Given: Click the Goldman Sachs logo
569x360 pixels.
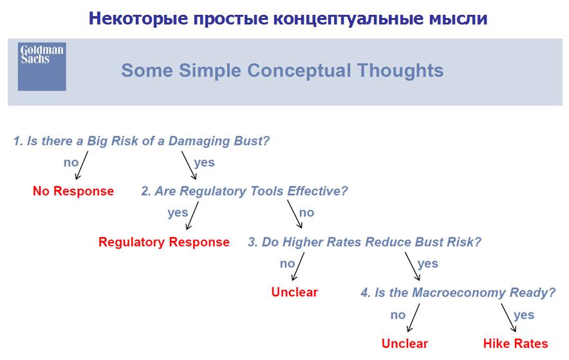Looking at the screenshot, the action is click(x=42, y=66).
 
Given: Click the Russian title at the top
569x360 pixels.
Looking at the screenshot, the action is click(x=288, y=18).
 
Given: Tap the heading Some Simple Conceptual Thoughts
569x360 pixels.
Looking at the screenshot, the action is click(x=283, y=70).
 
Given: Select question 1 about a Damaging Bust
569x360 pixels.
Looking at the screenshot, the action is click(x=142, y=141).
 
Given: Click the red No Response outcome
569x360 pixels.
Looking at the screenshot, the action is click(x=73, y=191).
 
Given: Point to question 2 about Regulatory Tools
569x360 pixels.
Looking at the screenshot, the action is click(x=244, y=191).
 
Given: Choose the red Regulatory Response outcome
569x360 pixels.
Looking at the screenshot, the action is click(x=164, y=242).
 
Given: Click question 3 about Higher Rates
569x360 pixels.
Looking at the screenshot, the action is click(x=364, y=242).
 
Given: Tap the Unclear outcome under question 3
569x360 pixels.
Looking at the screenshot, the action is click(x=294, y=292).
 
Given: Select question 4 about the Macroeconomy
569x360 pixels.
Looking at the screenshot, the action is click(x=458, y=292).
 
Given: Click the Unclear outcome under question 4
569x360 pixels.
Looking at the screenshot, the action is click(x=405, y=343).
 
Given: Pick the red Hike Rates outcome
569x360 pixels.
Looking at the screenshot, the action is click(x=516, y=343).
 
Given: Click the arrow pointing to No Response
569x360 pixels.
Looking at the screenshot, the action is click(x=82, y=165).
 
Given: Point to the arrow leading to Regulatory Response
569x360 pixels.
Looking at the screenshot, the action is click(x=192, y=216).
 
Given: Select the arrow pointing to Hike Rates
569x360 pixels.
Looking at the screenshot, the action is click(x=508, y=318).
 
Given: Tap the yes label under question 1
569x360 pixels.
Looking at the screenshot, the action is click(x=204, y=162).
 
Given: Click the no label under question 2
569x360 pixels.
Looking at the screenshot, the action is click(x=306, y=213).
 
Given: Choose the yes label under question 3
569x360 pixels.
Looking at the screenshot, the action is click(x=428, y=263).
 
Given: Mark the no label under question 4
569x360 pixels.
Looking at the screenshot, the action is click(x=398, y=315).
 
